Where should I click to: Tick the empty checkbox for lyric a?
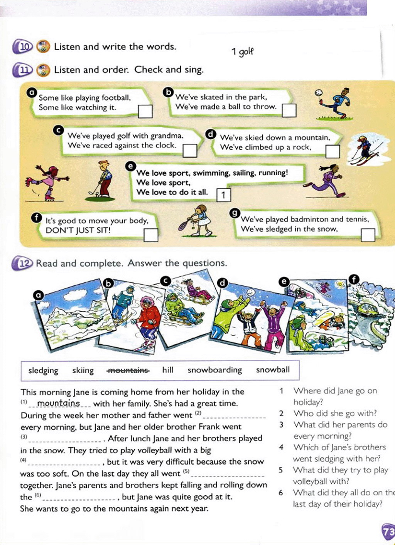[x=145, y=111]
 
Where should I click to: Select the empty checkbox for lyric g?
[x=368, y=235]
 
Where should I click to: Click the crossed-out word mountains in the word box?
[x=128, y=370]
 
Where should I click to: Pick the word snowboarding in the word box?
[x=214, y=370]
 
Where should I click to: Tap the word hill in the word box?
[x=167, y=370]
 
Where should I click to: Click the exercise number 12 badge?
[x=23, y=264]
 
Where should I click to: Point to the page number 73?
[x=388, y=532]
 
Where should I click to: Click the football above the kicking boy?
[x=318, y=93]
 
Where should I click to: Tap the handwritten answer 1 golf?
[x=243, y=52]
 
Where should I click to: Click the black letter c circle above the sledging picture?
[x=165, y=280]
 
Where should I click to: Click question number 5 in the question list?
[x=281, y=470]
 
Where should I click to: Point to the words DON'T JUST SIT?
[x=78, y=230]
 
